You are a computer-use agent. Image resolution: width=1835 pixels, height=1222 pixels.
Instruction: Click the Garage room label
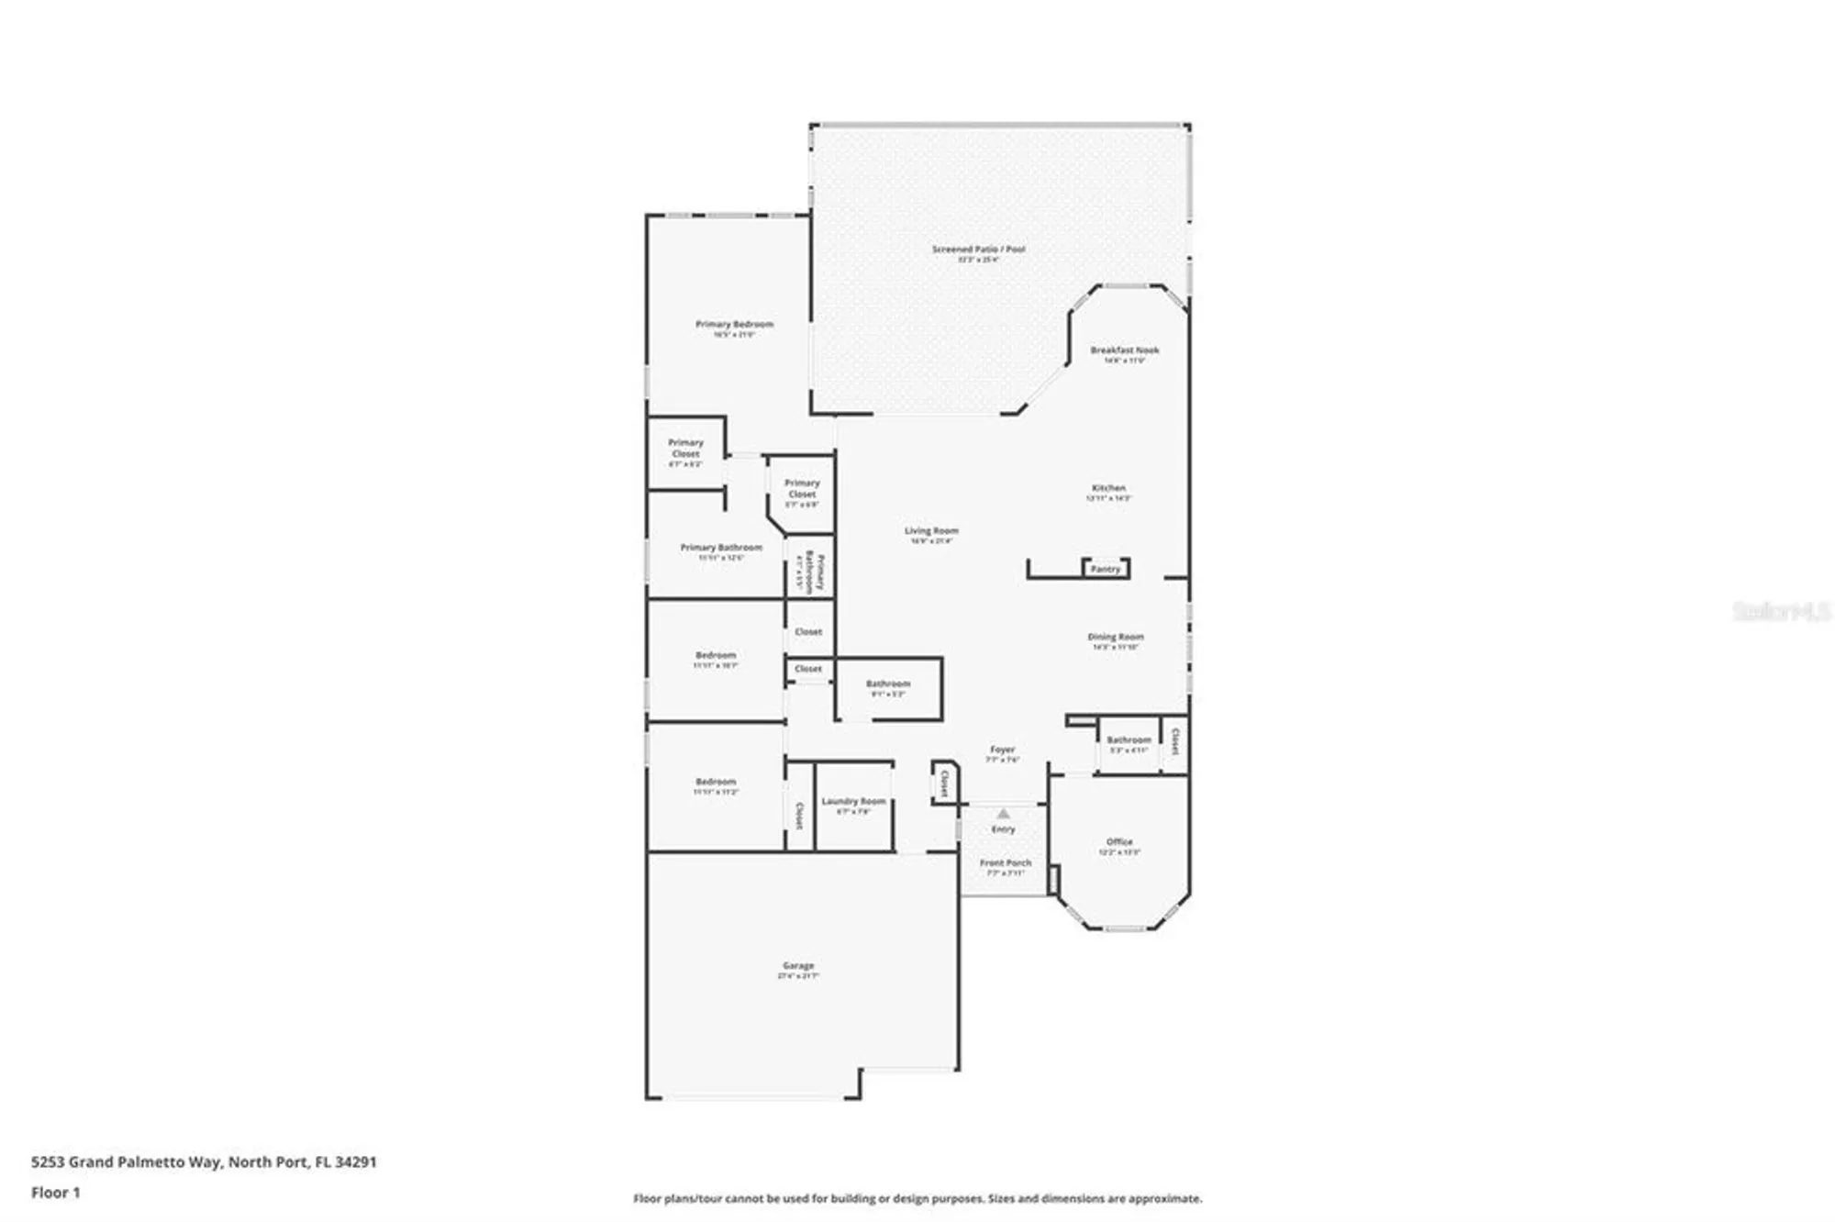pyautogui.click(x=798, y=966)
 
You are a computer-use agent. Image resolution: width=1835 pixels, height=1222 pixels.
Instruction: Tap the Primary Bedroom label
pyautogui.click(x=734, y=325)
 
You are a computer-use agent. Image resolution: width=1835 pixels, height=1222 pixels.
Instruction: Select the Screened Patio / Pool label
pyautogui.click(x=978, y=250)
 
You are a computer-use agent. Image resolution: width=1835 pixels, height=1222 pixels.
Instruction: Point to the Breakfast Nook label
pyautogui.click(x=1124, y=350)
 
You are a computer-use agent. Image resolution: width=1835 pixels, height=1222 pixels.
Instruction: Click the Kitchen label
pyautogui.click(x=1108, y=488)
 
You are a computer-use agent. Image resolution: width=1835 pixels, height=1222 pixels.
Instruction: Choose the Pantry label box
pyautogui.click(x=1106, y=569)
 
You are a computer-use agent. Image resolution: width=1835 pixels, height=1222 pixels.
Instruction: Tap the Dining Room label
pyautogui.click(x=1116, y=637)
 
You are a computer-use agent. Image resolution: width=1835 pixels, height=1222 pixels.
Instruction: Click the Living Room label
pyautogui.click(x=931, y=531)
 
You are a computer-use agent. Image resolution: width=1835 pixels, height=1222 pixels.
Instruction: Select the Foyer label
pyautogui.click(x=1002, y=750)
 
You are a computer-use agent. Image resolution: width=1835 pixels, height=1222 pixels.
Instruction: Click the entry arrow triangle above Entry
pyautogui.click(x=1003, y=814)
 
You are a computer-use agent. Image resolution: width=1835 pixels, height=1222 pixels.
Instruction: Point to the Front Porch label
pyautogui.click(x=1005, y=863)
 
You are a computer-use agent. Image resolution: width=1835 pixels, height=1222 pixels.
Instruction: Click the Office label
pyautogui.click(x=1119, y=841)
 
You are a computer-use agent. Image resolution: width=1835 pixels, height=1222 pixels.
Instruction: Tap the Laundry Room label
pyautogui.click(x=853, y=801)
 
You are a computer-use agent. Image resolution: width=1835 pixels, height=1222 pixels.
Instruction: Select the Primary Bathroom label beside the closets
pyautogui.click(x=721, y=548)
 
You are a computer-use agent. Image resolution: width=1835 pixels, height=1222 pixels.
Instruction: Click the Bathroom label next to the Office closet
pyautogui.click(x=1129, y=739)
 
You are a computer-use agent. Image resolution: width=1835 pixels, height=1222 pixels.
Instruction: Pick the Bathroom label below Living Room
pyautogui.click(x=888, y=683)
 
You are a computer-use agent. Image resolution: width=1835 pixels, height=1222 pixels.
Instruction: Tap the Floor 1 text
pyautogui.click(x=56, y=1193)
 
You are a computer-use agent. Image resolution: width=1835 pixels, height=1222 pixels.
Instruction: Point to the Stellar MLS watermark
pyautogui.click(x=1781, y=611)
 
